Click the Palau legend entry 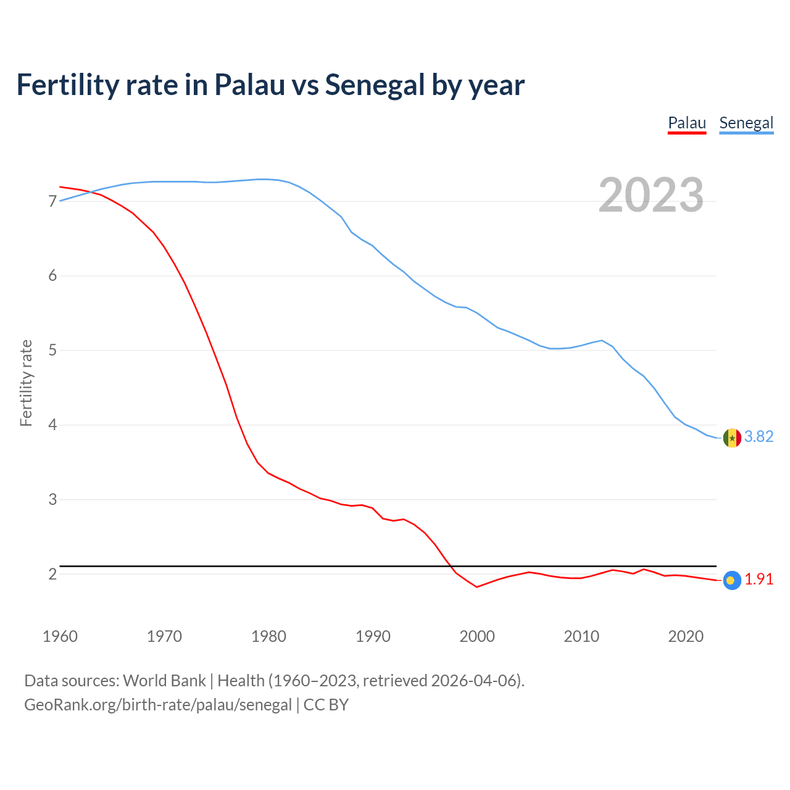click(x=687, y=123)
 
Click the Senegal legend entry click(x=746, y=123)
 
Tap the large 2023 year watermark click(x=651, y=195)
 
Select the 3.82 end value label click(x=759, y=437)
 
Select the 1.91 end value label click(x=759, y=580)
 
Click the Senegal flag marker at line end click(x=732, y=438)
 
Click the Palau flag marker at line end click(x=731, y=580)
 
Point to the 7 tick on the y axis click(x=52, y=201)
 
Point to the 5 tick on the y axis click(x=52, y=351)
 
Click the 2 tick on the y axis click(x=52, y=574)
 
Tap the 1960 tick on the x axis click(x=60, y=636)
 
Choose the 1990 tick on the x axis click(x=373, y=636)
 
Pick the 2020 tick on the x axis click(x=686, y=636)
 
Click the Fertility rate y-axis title click(x=26, y=383)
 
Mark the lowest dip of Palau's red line click(x=476, y=587)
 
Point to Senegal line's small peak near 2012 click(x=602, y=340)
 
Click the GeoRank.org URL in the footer click(x=158, y=705)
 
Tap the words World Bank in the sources click(x=164, y=681)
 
